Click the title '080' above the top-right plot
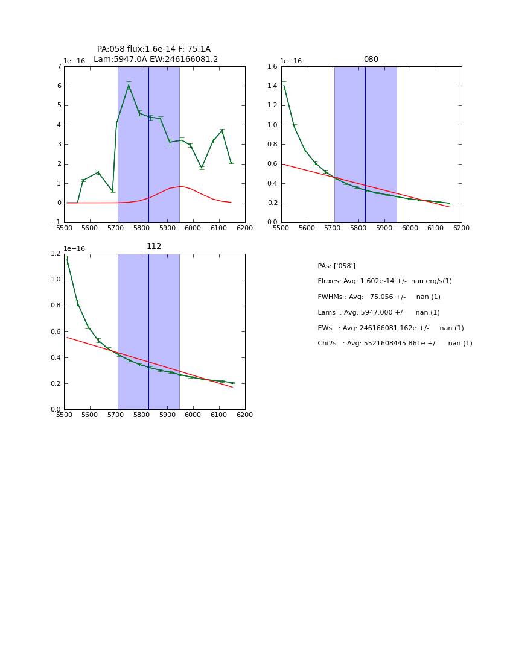click(x=371, y=60)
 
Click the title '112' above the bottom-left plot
click(x=154, y=247)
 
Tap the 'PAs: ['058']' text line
click(x=336, y=266)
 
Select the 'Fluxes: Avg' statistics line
click(x=384, y=281)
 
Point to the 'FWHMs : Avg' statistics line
click(x=379, y=297)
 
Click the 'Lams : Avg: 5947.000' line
click(x=378, y=313)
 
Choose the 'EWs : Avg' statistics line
click(x=390, y=328)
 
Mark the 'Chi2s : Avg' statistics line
click(x=395, y=344)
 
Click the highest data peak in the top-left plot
click(x=129, y=86)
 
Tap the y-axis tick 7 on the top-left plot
click(x=59, y=66)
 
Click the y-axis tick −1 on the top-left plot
click(x=57, y=222)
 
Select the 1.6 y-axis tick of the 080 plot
click(x=271, y=66)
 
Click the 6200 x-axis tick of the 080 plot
click(x=462, y=228)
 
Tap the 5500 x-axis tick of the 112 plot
click(x=64, y=415)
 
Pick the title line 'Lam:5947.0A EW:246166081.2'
click(x=156, y=60)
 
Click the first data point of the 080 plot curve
click(x=284, y=86)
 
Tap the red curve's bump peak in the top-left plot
click(x=181, y=186)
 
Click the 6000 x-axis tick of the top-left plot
click(x=193, y=228)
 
